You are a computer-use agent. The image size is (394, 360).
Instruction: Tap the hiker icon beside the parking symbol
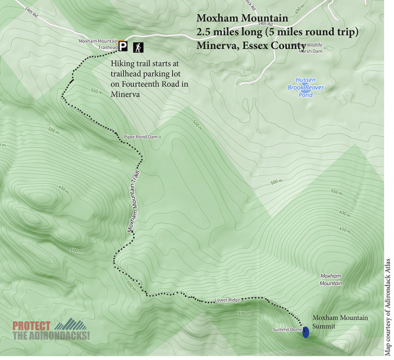coord(139,48)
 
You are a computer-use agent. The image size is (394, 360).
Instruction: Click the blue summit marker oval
coord(306,332)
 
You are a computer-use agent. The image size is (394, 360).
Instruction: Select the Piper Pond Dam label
coord(142,137)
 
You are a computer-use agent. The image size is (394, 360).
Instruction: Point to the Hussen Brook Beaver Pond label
coord(306,87)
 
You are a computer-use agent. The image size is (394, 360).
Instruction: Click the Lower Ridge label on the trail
coord(227,300)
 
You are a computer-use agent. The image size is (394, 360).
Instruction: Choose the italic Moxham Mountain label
coord(331,279)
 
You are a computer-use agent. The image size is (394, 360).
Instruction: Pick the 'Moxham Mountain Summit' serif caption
coord(340,321)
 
